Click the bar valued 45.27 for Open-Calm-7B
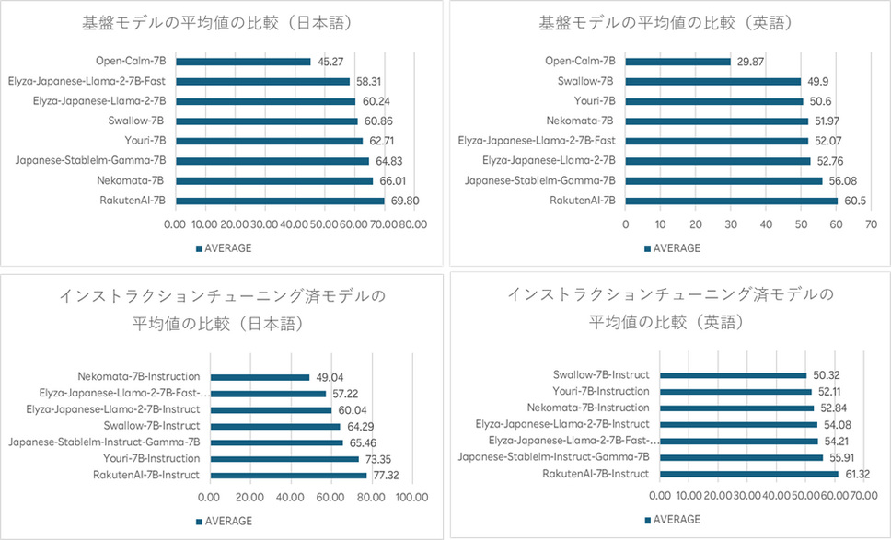(242, 62)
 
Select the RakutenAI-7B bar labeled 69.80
(279, 200)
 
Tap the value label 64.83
(388, 160)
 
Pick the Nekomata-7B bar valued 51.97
(716, 121)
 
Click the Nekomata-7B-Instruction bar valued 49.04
(260, 377)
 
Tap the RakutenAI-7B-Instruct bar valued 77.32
(289, 475)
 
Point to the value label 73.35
(377, 458)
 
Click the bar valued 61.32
(749, 474)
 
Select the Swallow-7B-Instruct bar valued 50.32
(734, 374)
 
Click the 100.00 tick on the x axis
(411, 497)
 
